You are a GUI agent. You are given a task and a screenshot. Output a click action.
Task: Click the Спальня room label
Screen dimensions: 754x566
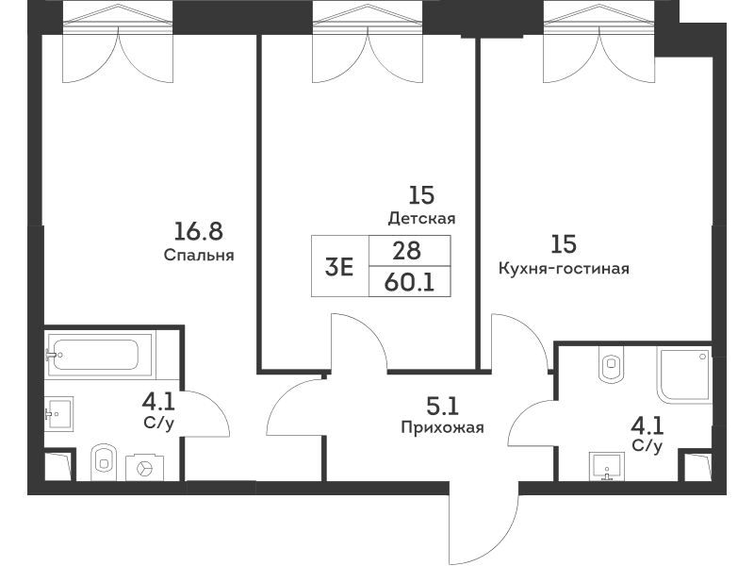pyautogui.click(x=199, y=255)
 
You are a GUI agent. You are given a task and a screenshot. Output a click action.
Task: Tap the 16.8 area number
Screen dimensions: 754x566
pyautogui.click(x=198, y=231)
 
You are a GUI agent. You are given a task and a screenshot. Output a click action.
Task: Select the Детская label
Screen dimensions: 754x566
pyautogui.click(x=421, y=219)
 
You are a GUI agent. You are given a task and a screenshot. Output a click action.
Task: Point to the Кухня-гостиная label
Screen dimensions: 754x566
pyautogui.click(x=564, y=268)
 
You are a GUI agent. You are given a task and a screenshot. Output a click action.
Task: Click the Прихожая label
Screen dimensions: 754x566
pyautogui.click(x=442, y=427)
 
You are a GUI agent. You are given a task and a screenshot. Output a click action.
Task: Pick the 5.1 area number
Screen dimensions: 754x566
pyautogui.click(x=442, y=407)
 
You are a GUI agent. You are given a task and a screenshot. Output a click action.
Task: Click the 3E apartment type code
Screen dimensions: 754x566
pyautogui.click(x=339, y=267)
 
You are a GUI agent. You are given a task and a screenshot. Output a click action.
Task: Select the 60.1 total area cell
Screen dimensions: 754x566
pyautogui.click(x=409, y=282)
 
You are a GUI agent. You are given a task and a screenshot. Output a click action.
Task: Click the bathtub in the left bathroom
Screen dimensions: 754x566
pyautogui.click(x=99, y=355)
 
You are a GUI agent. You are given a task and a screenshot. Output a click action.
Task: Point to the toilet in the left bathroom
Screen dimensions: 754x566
pyautogui.click(x=104, y=462)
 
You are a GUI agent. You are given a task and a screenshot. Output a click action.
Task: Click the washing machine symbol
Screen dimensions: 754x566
pyautogui.click(x=144, y=467)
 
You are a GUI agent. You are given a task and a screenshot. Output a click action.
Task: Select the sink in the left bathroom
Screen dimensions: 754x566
pyautogui.click(x=58, y=414)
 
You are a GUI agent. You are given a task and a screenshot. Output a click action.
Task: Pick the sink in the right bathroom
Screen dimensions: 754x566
pyautogui.click(x=607, y=466)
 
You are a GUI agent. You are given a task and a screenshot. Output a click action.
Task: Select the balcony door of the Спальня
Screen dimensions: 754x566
pyautogui.click(x=118, y=55)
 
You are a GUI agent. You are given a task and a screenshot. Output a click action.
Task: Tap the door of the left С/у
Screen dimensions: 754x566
pyautogui.click(x=205, y=414)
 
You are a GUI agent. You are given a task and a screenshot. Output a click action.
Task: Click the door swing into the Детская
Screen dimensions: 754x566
pyautogui.click(x=358, y=343)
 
